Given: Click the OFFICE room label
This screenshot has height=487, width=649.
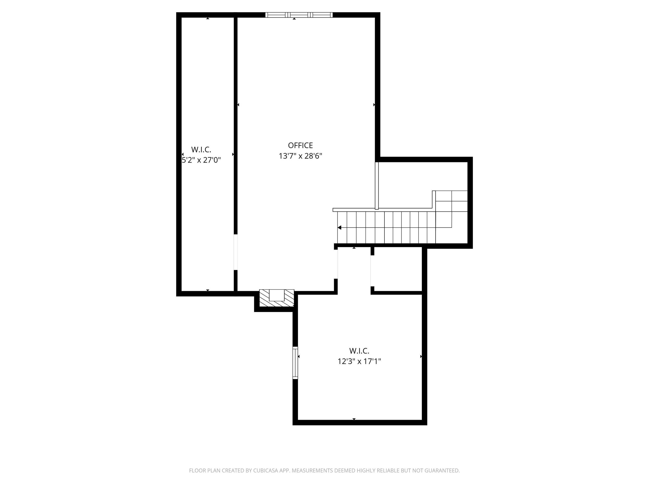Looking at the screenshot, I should click(x=300, y=145).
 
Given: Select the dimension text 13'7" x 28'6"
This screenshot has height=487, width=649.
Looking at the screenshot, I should click(x=300, y=156).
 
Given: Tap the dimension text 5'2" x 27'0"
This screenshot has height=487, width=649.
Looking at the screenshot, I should click(x=201, y=160).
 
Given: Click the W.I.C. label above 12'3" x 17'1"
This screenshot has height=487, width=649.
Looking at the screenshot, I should click(x=359, y=351).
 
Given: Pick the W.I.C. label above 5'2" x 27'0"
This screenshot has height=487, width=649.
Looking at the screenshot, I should click(x=201, y=150).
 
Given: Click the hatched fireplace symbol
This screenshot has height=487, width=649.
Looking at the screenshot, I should click(x=277, y=298).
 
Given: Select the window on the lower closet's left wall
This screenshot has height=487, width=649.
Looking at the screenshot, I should click(x=295, y=363).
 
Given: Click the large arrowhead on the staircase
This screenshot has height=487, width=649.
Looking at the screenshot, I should click(x=339, y=227).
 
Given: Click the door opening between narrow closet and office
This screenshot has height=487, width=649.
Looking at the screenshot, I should click(x=236, y=252).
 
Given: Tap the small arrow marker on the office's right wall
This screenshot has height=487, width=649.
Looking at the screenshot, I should click(x=374, y=105).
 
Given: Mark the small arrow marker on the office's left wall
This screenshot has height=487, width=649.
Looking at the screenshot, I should click(x=238, y=105).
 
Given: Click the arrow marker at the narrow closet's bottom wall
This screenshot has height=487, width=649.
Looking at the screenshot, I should click(x=208, y=290).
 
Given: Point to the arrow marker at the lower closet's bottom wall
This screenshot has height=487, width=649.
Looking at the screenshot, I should click(x=354, y=419).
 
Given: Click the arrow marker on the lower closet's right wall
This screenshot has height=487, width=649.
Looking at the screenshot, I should click(x=421, y=357).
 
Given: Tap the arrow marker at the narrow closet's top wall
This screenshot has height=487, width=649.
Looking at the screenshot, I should click(x=208, y=18).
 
